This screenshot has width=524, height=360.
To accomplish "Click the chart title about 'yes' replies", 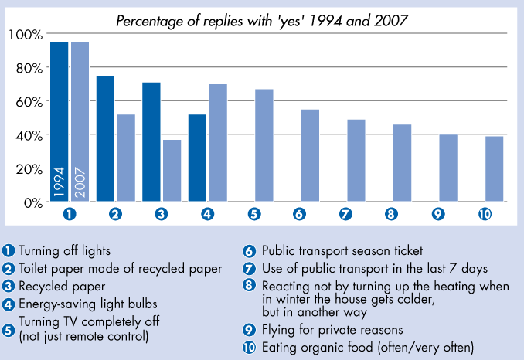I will pos(262,21).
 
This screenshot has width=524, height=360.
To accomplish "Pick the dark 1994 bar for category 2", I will pos(105,139).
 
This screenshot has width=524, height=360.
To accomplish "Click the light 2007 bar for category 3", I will pos(172,171).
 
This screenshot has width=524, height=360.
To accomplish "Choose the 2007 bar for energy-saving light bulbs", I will pos(218,143).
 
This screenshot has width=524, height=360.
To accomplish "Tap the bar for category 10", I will pos(494,169).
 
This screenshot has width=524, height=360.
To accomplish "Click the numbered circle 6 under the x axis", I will pos(300,214).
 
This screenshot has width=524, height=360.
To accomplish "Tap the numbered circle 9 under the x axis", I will pos(438,214).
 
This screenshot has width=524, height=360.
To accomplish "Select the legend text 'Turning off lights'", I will pos(65,250).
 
